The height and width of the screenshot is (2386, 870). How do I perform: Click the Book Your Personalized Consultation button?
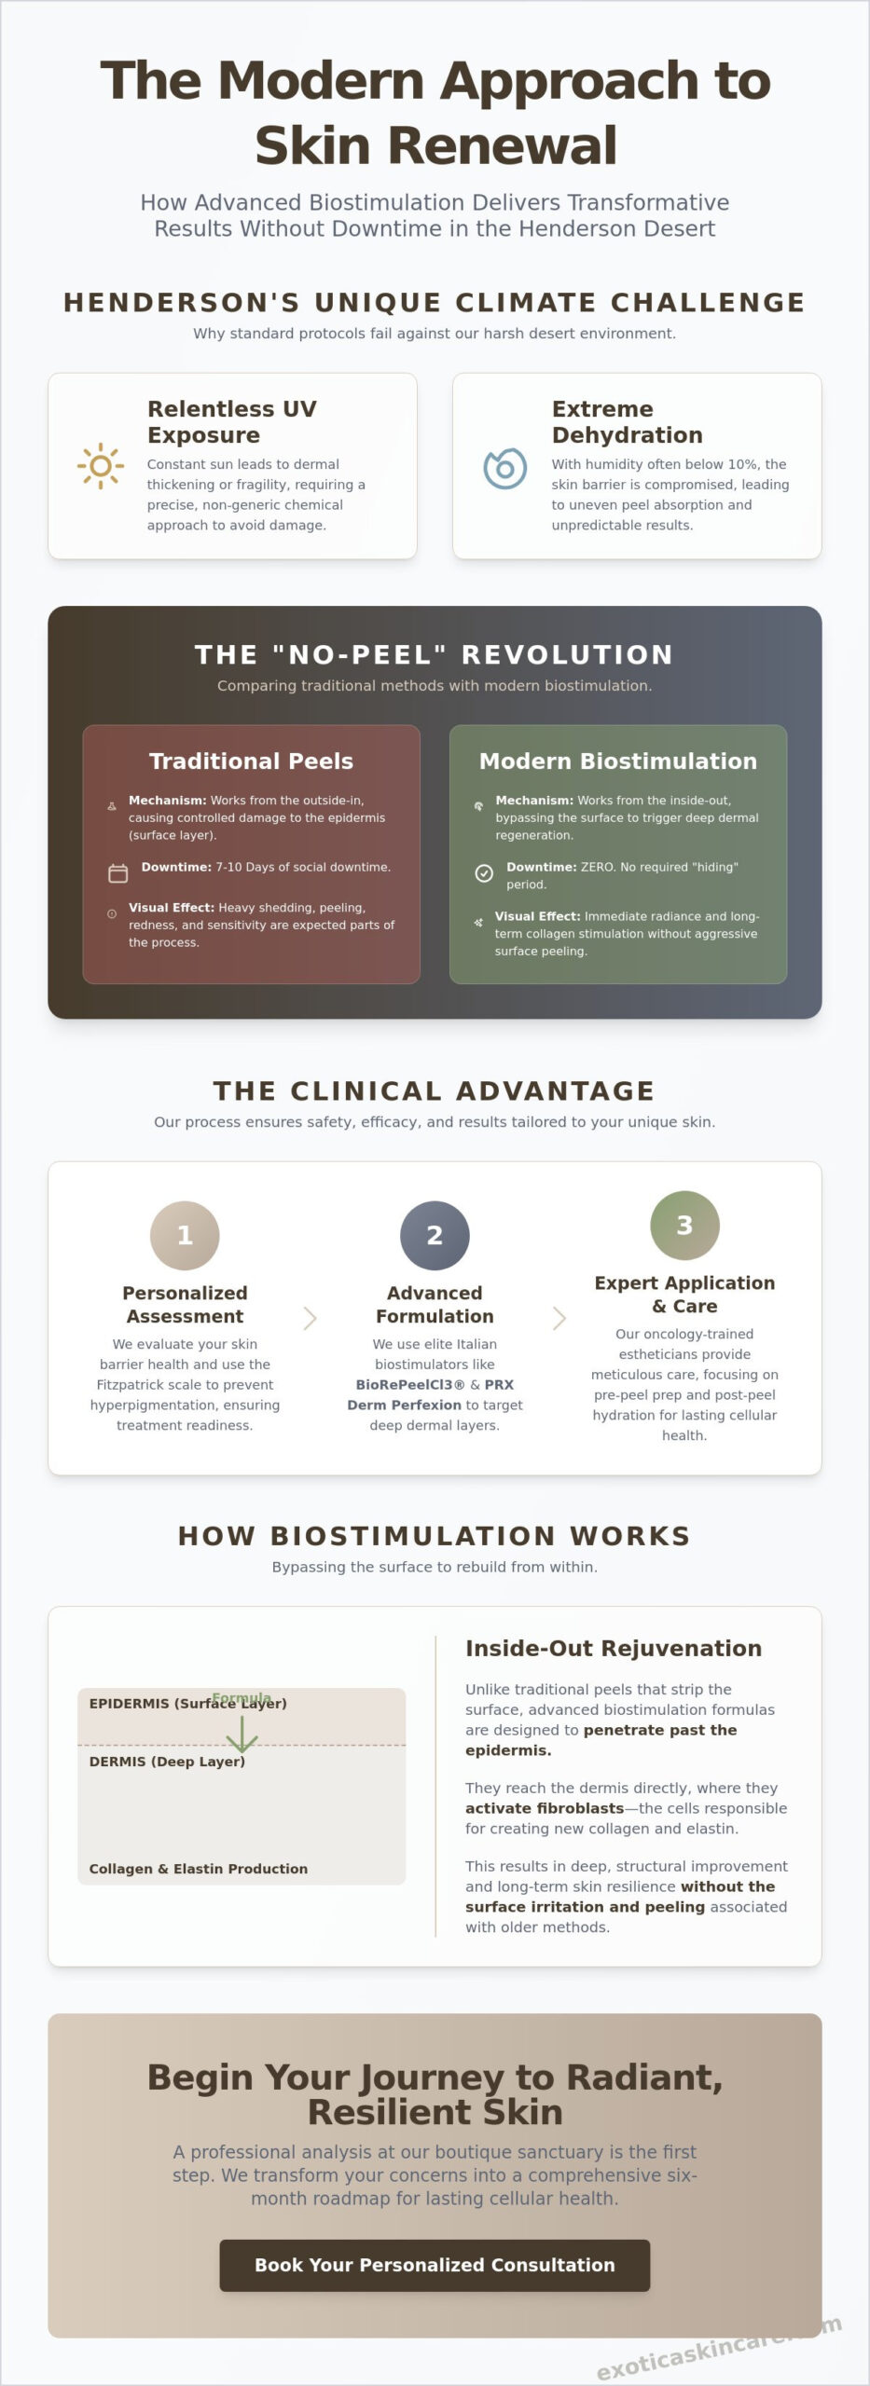pos(435,2265)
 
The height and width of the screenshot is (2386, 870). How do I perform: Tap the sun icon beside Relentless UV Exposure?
pos(101,466)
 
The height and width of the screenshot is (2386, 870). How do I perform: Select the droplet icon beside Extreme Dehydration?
pos(504,467)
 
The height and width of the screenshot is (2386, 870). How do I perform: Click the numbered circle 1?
pos(185,1235)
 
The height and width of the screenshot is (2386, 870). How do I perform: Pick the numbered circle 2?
pos(435,1235)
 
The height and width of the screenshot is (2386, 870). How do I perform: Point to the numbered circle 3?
pos(684,1225)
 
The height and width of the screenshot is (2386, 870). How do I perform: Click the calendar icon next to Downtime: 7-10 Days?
pos(118,873)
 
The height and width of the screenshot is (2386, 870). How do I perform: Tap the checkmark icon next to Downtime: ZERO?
pos(484,873)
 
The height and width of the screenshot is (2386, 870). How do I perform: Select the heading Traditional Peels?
pos(251,761)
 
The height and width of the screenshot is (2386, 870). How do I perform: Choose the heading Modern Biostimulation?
pos(618,761)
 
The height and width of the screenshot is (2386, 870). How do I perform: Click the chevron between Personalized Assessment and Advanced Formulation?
pos(311,1318)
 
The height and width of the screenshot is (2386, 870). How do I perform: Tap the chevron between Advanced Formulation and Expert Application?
pos(559,1318)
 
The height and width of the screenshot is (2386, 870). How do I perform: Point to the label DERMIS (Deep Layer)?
pos(167,1762)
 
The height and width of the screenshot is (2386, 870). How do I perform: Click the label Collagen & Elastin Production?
pos(199,1869)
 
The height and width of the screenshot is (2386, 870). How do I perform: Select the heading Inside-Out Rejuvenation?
pos(614,1648)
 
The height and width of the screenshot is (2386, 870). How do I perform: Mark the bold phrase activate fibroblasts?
pos(545,1808)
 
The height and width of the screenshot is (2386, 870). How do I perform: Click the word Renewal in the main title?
pos(435,145)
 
